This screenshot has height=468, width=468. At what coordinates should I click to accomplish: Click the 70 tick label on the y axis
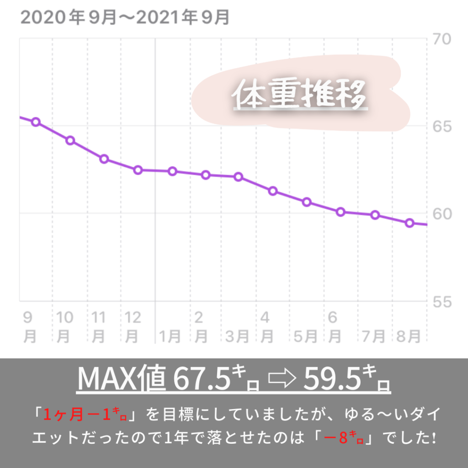click(441, 39)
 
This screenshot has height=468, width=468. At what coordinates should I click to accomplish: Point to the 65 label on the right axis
click(441, 126)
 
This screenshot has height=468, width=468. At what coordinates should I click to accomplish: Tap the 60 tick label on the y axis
click(441, 214)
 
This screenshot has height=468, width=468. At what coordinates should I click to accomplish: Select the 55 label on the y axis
click(441, 302)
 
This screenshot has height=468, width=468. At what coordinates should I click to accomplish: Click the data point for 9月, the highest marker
click(36, 122)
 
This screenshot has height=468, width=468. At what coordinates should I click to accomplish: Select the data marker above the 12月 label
click(138, 170)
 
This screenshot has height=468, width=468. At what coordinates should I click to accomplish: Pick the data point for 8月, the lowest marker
click(409, 223)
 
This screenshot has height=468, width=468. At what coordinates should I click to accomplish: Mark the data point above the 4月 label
click(273, 191)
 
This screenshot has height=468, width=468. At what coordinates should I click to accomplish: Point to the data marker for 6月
click(340, 212)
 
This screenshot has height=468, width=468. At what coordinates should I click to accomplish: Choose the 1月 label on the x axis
click(170, 337)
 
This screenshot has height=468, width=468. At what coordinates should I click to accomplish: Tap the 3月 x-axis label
click(237, 337)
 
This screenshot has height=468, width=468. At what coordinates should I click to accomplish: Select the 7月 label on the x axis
click(373, 337)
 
